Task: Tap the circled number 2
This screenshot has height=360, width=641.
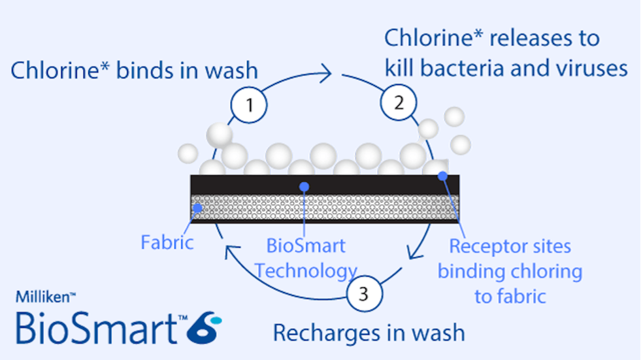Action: click(399, 102)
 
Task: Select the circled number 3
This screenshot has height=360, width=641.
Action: click(365, 295)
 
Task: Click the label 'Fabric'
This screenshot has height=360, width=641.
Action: click(167, 243)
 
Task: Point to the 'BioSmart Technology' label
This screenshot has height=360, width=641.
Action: click(306, 258)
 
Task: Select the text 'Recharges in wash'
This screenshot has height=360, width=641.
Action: click(369, 333)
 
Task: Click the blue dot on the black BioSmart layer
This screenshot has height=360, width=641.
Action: click(303, 186)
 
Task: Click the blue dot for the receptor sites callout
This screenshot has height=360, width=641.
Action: click(443, 176)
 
